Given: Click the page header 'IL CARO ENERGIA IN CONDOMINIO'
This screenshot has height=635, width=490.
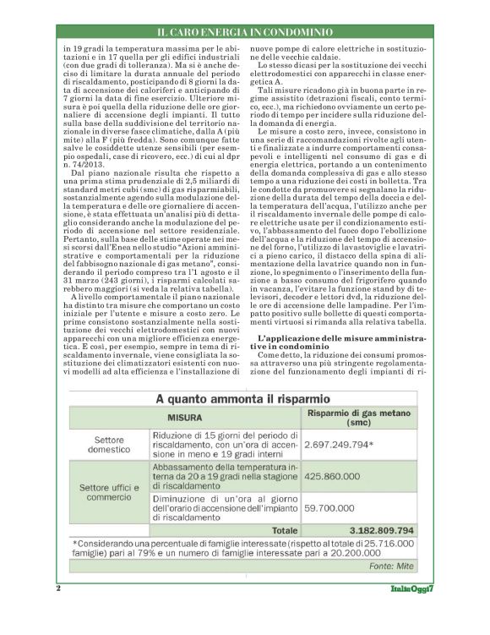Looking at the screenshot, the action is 244,32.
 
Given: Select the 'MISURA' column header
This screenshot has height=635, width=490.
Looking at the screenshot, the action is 182,416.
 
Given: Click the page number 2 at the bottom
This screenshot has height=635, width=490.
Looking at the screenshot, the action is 58,588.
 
